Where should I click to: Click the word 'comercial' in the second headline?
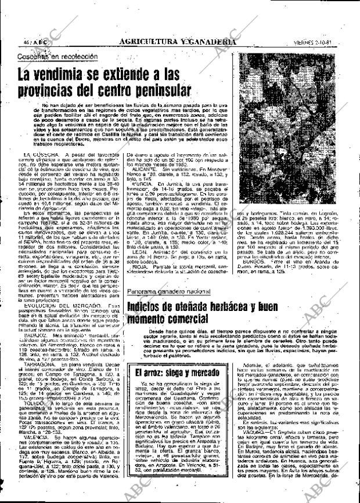[184, 320]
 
